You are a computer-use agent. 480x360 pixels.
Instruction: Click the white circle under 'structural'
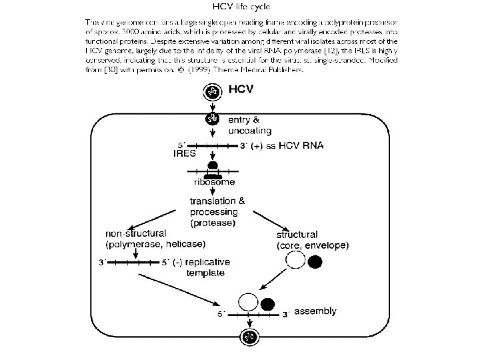click(295, 261)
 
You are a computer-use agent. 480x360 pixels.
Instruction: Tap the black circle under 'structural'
click(315, 261)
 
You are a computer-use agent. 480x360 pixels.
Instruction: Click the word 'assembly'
click(315, 311)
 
